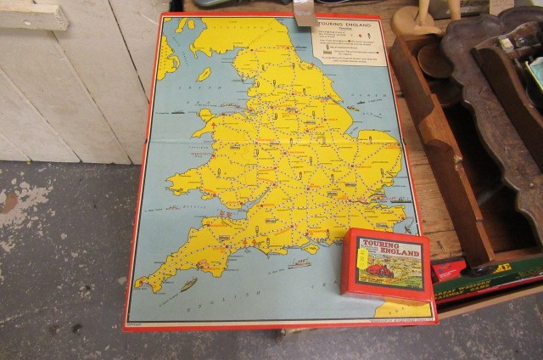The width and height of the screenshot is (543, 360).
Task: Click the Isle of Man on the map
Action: pyautogui.click(x=204, y=74)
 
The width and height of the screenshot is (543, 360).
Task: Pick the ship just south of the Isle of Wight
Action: pyautogui.click(x=299, y=263)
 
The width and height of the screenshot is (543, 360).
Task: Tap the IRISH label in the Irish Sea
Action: pyautogui.click(x=181, y=109)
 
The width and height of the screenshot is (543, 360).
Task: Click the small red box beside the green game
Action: pyautogui.click(x=447, y=270)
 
